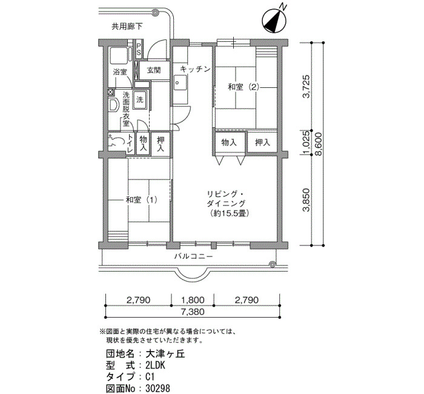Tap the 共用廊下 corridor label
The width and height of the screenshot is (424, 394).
(x=127, y=27)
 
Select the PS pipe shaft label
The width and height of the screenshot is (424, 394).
(x=139, y=49)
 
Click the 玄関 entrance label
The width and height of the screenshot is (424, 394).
(x=154, y=70)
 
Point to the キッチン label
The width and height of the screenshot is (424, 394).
(x=195, y=69)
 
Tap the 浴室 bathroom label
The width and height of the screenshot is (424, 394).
(x=120, y=72)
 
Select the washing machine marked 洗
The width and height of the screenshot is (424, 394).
(x=141, y=99)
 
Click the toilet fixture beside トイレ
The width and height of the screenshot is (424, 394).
(x=116, y=141)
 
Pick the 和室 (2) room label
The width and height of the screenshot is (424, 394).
(x=243, y=87)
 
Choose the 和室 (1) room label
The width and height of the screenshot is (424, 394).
(x=141, y=200)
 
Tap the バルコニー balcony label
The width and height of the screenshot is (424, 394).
(x=193, y=256)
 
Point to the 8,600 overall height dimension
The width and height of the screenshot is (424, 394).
(x=319, y=144)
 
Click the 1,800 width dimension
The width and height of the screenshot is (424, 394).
(x=193, y=300)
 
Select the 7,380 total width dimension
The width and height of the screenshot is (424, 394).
(x=193, y=312)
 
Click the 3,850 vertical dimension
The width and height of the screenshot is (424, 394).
(x=307, y=199)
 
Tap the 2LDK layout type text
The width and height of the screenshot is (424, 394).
(x=155, y=366)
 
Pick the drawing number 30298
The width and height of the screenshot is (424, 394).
(x=158, y=389)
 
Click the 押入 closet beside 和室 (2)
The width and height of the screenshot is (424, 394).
(x=262, y=142)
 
